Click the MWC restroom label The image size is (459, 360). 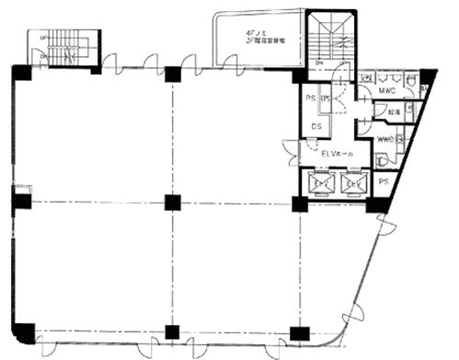click(386, 92)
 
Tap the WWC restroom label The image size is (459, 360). click(384, 139)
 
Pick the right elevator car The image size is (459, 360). click(354, 184)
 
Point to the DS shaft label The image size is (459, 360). click(316, 126)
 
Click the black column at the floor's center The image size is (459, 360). click(170, 202)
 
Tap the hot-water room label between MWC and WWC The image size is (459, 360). click(392, 114)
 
